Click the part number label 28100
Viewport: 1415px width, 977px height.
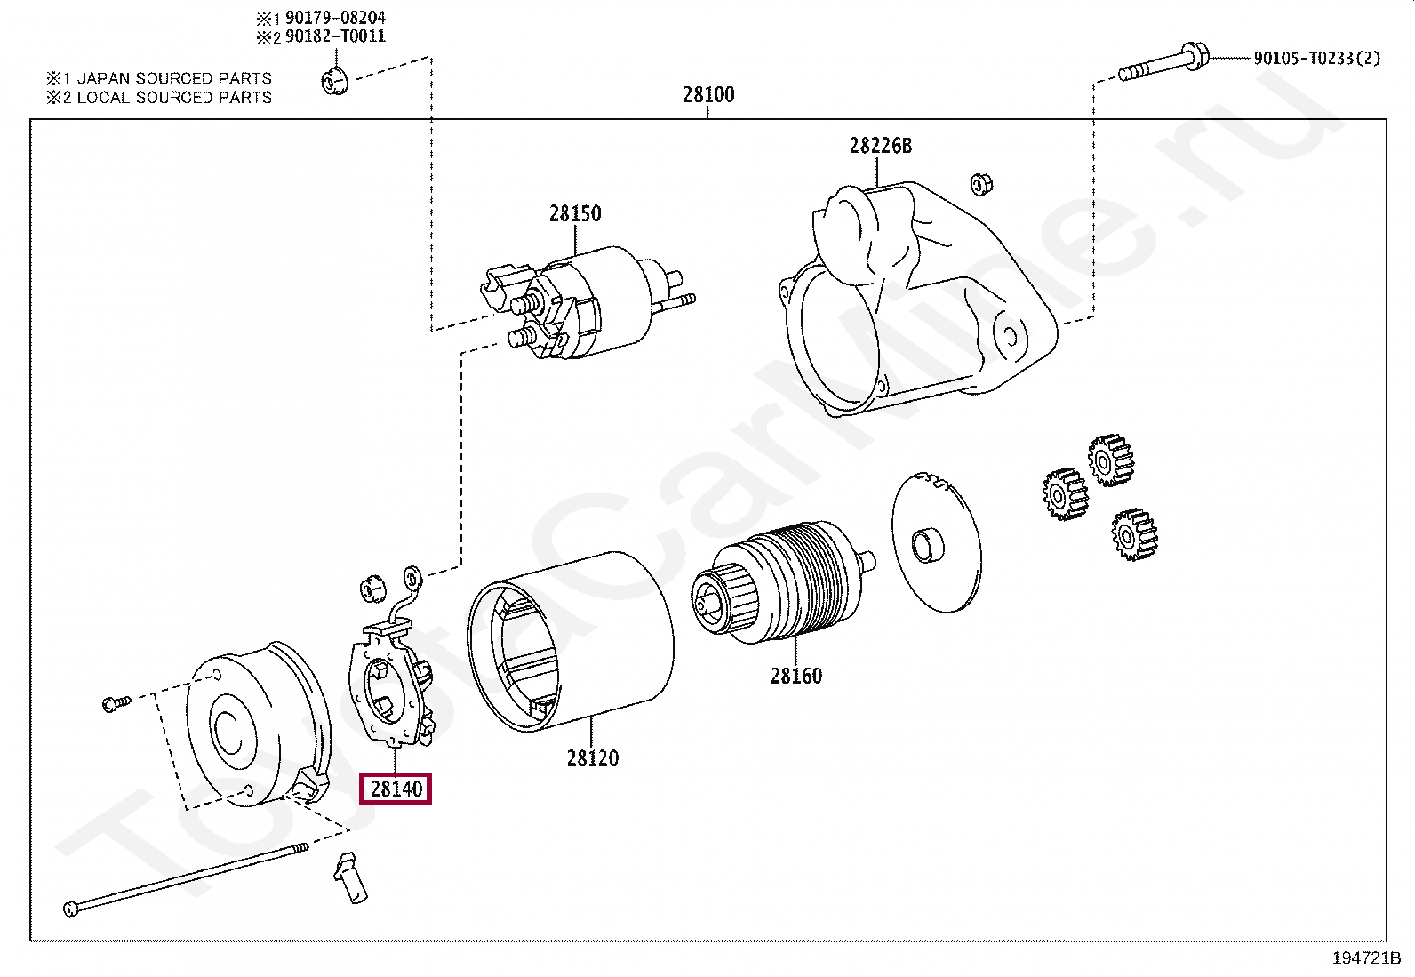click(708, 94)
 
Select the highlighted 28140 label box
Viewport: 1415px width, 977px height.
click(395, 789)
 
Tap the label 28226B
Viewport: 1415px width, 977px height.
click(880, 146)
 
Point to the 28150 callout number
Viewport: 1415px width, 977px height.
click(574, 213)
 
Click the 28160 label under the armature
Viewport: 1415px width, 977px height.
click(795, 676)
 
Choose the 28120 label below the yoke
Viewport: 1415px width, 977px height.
click(592, 758)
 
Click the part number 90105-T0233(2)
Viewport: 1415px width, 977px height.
click(1316, 58)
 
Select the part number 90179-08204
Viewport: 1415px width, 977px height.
click(335, 18)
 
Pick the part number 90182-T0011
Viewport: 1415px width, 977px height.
click(335, 36)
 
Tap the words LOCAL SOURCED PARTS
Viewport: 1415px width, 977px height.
click(174, 98)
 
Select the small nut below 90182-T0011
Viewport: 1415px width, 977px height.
click(333, 81)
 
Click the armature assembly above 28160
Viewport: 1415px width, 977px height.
click(782, 582)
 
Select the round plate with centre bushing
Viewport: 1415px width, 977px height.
click(935, 542)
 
